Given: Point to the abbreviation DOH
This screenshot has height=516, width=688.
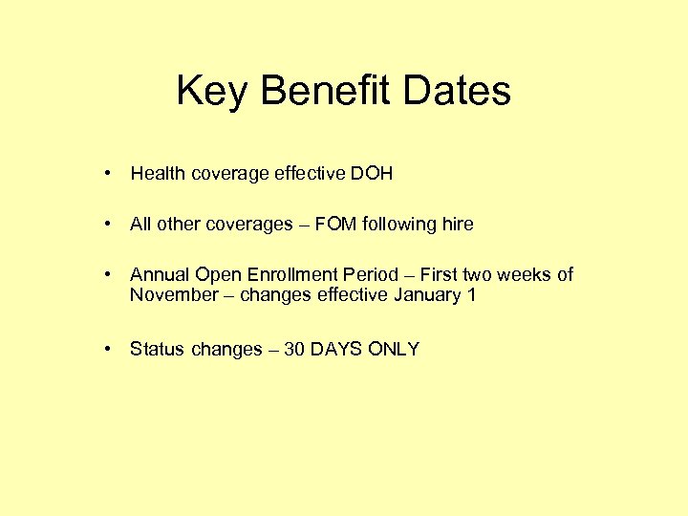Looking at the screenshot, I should pos(371,174).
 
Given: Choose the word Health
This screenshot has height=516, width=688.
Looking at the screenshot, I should pos(158,174).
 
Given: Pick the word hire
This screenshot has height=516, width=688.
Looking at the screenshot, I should pos(457,225).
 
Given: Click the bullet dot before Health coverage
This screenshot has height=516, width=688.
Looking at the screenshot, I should pos(111,174).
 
